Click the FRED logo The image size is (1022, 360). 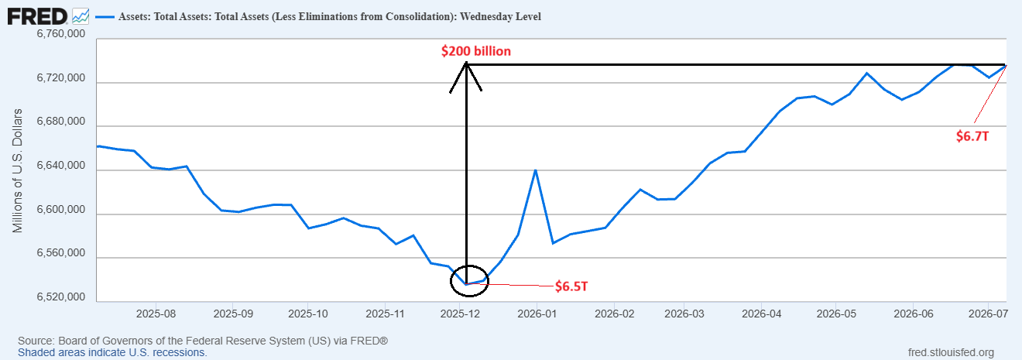tap(37, 17)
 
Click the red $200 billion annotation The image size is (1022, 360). tap(476, 51)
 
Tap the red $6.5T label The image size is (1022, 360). tap(571, 286)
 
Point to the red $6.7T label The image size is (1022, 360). tap(972, 136)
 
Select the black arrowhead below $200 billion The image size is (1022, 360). tap(466, 77)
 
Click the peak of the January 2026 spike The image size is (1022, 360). tap(535, 170)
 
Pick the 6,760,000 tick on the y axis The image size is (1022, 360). tap(60, 34)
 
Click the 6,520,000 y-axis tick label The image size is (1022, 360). tap(60, 297)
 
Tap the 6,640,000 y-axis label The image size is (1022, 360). tap(60, 165)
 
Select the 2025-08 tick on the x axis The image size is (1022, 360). tap(156, 314)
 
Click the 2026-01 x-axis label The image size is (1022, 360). tap(537, 314)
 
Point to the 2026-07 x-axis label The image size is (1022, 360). tap(988, 314)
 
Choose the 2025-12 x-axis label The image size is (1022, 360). tap(460, 314)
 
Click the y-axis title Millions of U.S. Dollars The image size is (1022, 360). tap(17, 170)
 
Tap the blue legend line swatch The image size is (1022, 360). tap(105, 17)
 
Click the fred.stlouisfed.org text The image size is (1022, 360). tap(951, 353)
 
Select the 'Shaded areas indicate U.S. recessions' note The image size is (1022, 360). tap(112, 353)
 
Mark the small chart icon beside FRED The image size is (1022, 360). tap(81, 17)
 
